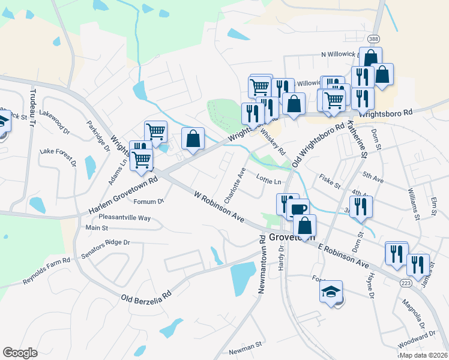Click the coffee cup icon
pyautogui.click(x=298, y=209)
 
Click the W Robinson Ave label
pyautogui.click(x=219, y=207)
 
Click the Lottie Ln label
pyautogui.click(x=268, y=180)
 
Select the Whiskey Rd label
pyautogui.click(x=273, y=144)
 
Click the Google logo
pyautogui.click(x=20, y=353)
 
